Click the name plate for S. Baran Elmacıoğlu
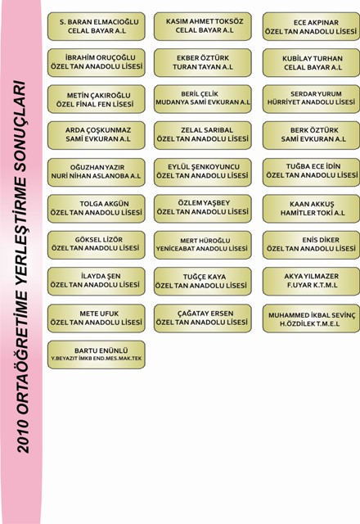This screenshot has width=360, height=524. (97, 26)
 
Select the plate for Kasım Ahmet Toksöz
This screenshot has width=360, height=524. (203, 26)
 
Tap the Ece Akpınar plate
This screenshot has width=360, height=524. (311, 26)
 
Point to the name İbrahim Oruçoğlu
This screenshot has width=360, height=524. (100, 57)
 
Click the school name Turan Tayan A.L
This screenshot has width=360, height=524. (203, 67)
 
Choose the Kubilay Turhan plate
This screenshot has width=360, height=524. (311, 63)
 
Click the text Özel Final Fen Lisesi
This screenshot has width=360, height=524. (95, 104)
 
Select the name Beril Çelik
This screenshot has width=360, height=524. (200, 94)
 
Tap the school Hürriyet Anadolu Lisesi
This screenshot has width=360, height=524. (311, 102)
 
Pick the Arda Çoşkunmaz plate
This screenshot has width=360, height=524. (97, 135)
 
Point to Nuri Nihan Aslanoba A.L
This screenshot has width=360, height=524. (96, 176)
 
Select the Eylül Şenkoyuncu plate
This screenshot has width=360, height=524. (203, 172)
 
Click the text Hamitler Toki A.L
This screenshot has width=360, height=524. (313, 213)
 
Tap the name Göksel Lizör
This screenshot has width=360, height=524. (99, 240)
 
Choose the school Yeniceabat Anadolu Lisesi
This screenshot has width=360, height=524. (202, 249)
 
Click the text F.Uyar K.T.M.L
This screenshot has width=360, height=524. (313, 285)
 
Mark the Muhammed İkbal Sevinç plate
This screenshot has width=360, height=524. (311, 318)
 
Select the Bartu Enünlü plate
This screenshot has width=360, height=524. (97, 355)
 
